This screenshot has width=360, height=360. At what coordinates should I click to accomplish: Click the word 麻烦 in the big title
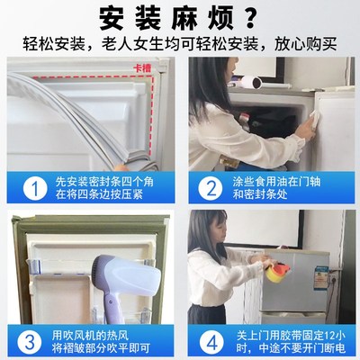pyautogui.click(x=203, y=18)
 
